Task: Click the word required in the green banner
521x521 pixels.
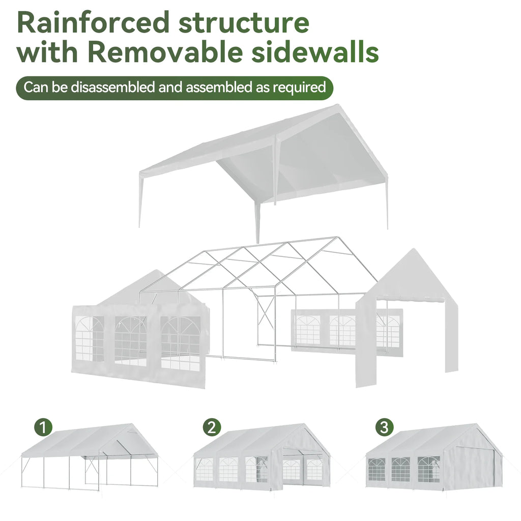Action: (x=299, y=88)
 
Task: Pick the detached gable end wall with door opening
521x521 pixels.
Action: (x=407, y=315)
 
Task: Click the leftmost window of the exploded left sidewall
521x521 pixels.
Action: (x=90, y=338)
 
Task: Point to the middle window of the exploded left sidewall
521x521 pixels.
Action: (x=130, y=341)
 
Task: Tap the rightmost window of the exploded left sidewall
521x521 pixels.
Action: (x=180, y=343)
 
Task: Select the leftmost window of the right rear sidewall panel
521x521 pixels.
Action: (x=308, y=329)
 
